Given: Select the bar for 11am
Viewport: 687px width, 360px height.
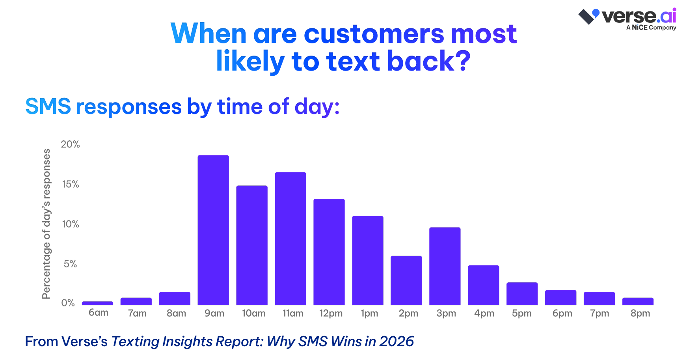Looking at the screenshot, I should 290,239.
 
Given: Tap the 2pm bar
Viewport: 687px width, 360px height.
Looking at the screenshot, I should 406,280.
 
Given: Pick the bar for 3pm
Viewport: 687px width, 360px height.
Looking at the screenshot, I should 445,266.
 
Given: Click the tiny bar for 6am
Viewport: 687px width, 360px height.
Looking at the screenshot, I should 97,303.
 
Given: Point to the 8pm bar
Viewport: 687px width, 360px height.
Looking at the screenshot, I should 638,301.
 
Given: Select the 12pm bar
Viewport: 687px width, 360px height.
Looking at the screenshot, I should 329,252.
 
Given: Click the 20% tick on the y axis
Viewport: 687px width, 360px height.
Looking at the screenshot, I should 70,144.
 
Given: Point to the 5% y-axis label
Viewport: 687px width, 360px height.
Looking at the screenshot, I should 70,264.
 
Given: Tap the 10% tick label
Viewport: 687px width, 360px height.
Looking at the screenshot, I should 71,224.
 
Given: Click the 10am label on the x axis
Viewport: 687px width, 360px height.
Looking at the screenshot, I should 253,313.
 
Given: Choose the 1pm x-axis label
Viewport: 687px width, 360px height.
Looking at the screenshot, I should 369,313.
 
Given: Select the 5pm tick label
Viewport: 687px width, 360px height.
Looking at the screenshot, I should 521,313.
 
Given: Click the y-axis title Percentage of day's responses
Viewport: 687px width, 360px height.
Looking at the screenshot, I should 47,224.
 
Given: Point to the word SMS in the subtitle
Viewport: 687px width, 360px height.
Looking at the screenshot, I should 48,106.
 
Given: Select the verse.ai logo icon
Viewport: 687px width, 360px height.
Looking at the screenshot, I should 588,16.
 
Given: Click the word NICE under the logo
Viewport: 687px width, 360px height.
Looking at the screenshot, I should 640,28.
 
